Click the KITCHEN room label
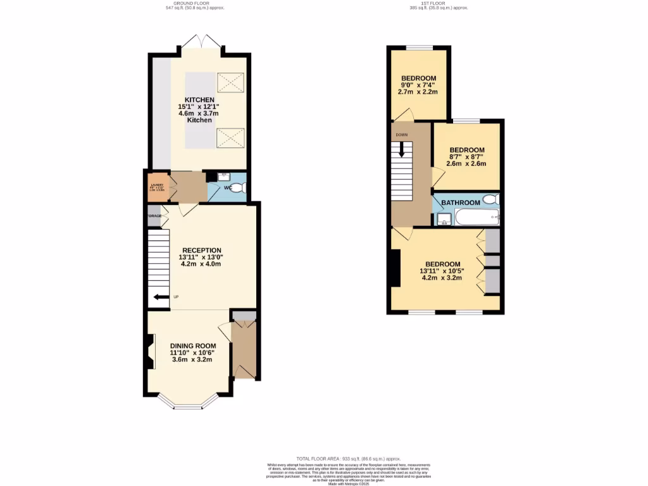pos(199,100)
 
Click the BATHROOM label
pos(460,202)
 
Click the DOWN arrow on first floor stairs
pos(401,149)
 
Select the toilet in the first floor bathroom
pos(490,199)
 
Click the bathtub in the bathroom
pos(478,218)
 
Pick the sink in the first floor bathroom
pos(444,219)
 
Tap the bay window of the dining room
pos(187,402)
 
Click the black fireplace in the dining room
pos(151,352)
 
